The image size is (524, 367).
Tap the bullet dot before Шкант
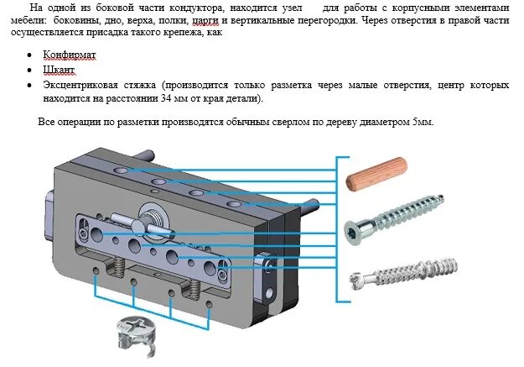point(30,71)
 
